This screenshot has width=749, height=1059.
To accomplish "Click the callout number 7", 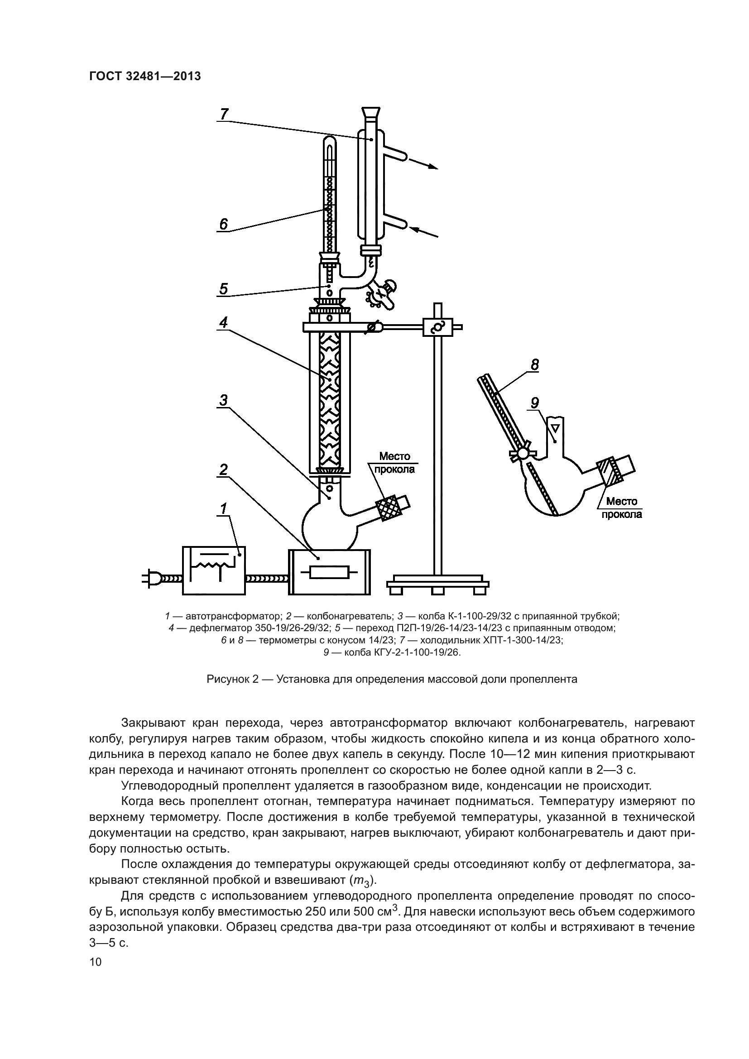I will [224, 114].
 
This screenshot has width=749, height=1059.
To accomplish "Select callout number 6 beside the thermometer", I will [224, 225].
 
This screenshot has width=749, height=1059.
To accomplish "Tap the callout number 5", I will [224, 289].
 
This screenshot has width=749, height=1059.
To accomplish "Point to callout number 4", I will [224, 322].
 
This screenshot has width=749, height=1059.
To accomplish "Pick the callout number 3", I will [224, 400].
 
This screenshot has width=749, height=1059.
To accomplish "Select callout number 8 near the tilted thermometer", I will [534, 365].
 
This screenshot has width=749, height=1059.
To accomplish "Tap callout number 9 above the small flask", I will [534, 403].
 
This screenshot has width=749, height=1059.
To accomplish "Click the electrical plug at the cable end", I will [152, 578].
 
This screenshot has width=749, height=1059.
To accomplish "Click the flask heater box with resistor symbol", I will [329, 572].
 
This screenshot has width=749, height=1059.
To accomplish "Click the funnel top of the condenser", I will [371, 112].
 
